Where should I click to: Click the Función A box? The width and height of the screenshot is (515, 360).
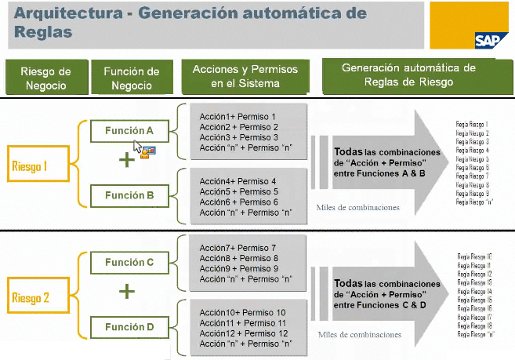(x=129, y=131)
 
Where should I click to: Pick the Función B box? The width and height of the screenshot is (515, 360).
(x=129, y=194)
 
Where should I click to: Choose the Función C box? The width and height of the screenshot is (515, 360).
(x=129, y=262)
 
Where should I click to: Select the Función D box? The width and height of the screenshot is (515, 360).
(x=129, y=326)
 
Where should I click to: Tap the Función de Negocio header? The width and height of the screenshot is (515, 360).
(x=132, y=77)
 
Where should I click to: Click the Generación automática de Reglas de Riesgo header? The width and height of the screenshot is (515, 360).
(x=408, y=75)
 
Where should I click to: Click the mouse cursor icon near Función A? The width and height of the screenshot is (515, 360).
(x=138, y=147)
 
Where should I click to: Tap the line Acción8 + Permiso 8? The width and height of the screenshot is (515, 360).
(x=238, y=258)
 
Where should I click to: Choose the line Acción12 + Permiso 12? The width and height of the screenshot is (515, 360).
(x=243, y=333)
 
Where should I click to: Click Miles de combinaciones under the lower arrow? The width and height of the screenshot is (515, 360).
(x=359, y=335)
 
